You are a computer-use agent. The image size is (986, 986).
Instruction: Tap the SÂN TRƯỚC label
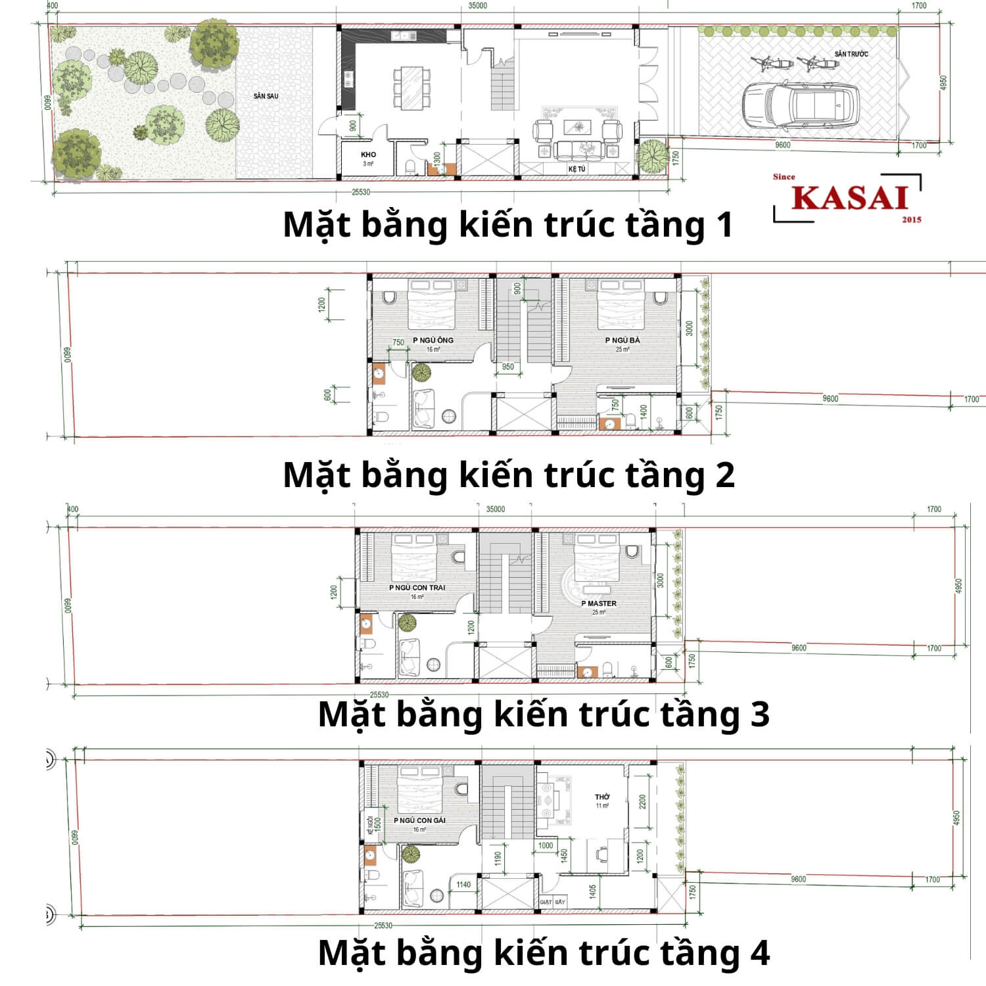[851, 54]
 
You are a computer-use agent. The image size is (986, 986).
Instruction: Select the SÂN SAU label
[266, 96]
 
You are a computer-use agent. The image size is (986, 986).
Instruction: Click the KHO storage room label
[368, 155]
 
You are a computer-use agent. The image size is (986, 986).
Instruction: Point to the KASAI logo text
[849, 198]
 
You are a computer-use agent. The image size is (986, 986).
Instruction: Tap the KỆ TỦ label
[576, 170]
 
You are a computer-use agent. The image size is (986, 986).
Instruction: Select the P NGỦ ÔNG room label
[433, 340]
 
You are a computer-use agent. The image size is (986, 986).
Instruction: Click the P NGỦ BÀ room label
[622, 340]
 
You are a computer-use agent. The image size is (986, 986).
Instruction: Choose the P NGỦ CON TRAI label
[417, 588]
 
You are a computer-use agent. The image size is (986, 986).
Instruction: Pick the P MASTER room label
[599, 603]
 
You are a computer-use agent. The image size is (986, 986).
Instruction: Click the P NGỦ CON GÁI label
[419, 820]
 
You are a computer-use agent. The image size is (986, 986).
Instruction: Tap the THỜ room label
[602, 797]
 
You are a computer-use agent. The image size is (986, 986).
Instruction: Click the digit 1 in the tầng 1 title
[724, 225]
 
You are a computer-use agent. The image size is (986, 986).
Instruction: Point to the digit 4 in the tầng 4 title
[760, 953]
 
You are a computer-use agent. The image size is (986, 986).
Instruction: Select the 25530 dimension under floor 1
[361, 192]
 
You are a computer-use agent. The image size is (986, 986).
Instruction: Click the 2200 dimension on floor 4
[642, 801]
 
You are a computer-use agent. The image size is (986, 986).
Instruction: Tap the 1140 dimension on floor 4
[463, 885]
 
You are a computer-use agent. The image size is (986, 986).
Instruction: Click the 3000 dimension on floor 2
[689, 328]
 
